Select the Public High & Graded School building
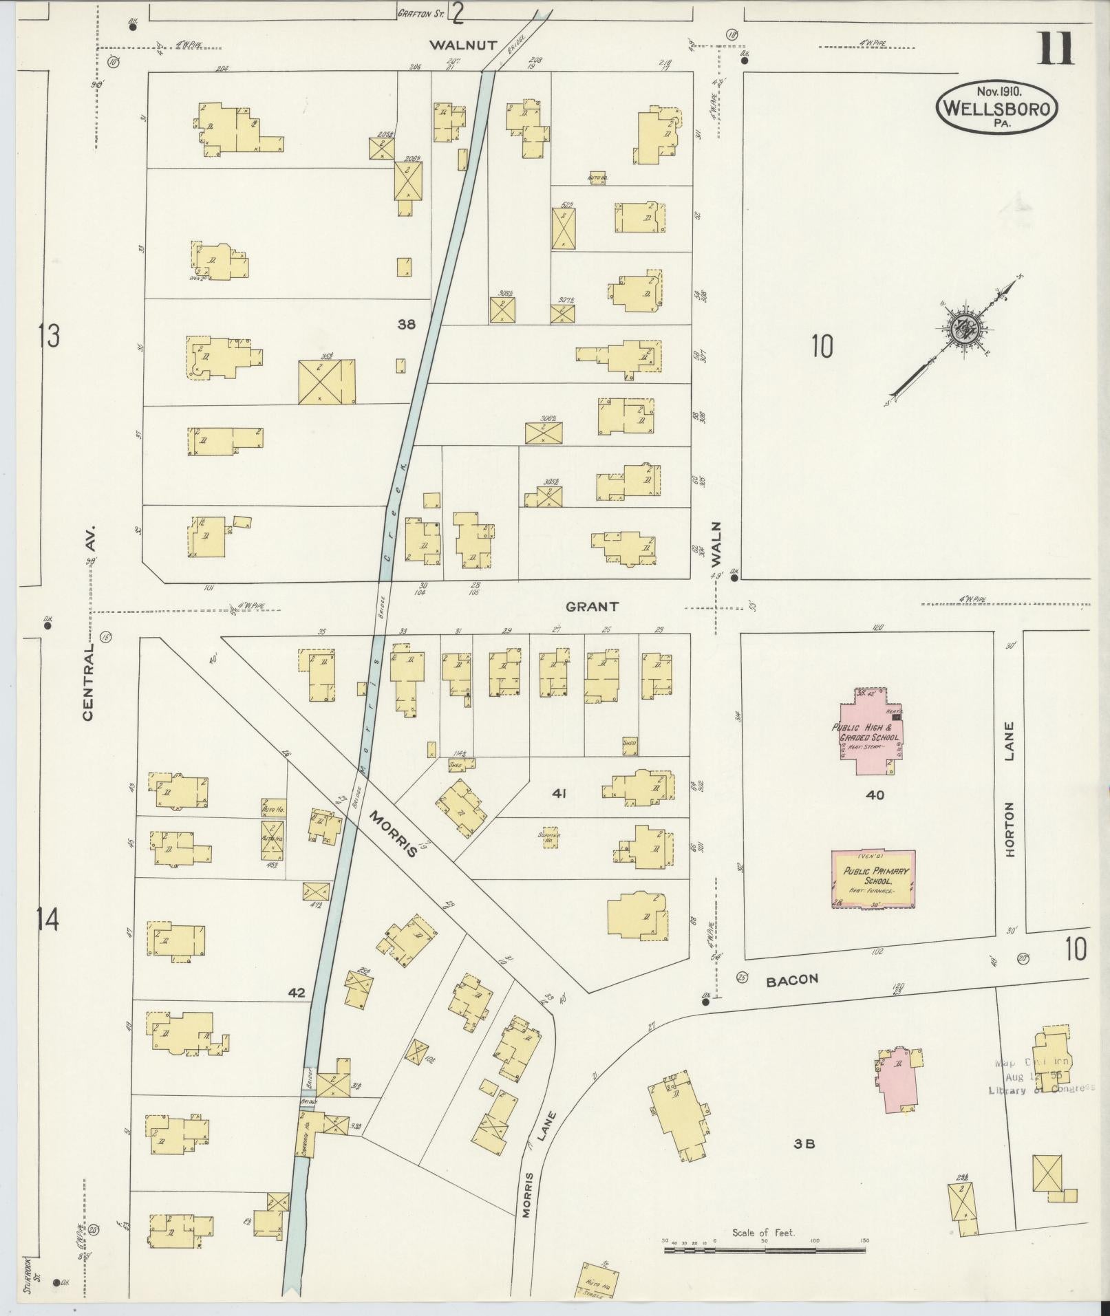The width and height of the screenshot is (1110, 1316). [x=869, y=731]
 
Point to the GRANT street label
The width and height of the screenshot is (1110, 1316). [x=592, y=607]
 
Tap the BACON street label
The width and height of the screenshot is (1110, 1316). [x=792, y=979]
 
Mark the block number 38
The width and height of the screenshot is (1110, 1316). [x=407, y=325]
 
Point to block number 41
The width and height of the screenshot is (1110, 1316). [x=558, y=794]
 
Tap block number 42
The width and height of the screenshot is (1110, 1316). [x=297, y=993]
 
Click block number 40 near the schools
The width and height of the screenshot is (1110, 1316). [x=875, y=795]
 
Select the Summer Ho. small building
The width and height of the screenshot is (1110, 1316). [x=550, y=839]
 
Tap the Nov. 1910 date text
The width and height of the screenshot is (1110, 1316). [x=998, y=90]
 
